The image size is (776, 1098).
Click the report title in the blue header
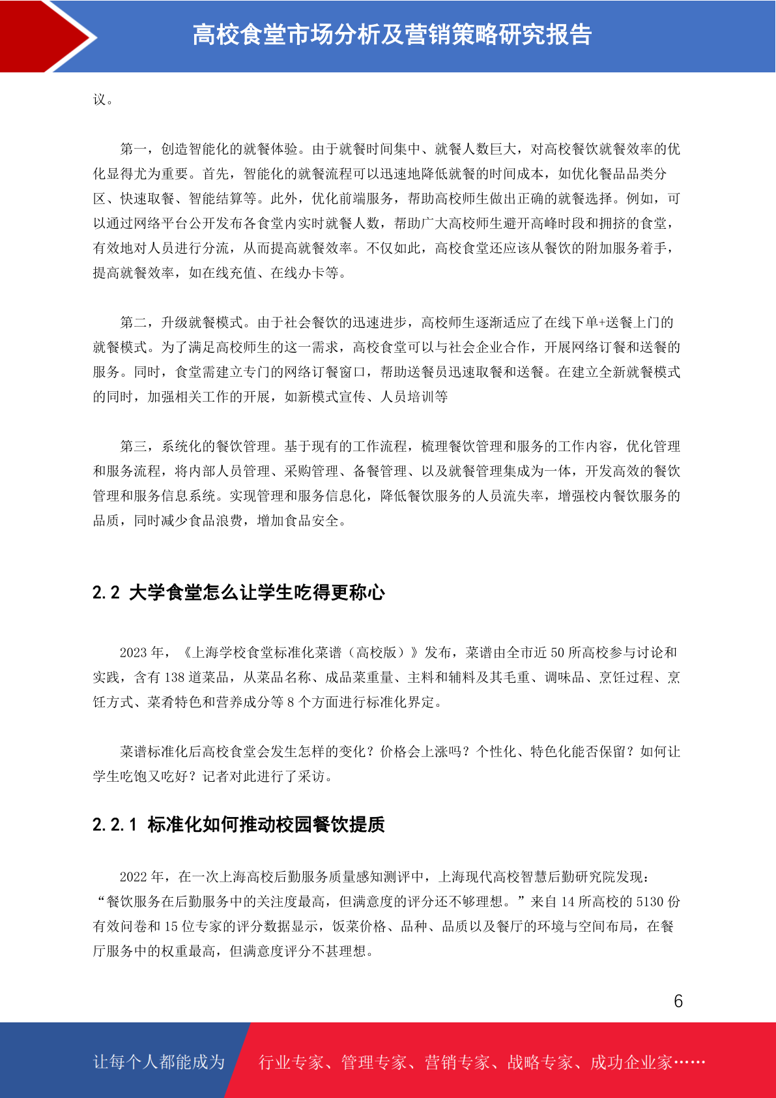tap(392, 35)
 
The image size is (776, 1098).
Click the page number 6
tap(678, 1002)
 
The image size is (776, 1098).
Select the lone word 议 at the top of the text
tap(100, 100)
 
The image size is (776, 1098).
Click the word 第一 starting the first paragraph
tap(134, 149)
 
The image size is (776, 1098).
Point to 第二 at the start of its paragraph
tap(134, 323)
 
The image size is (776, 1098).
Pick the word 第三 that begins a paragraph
tap(134, 447)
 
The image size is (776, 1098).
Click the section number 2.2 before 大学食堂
tap(106, 593)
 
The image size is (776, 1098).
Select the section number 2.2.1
tap(115, 825)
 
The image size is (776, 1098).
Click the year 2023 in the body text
tap(134, 653)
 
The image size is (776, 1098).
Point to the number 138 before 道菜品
tap(175, 677)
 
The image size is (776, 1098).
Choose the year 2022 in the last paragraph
tap(134, 877)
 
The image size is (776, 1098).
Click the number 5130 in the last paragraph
tap(650, 902)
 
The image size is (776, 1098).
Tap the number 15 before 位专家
tap(171, 927)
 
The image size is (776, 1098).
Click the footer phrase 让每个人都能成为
tap(159, 1062)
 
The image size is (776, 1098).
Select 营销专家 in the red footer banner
tap(457, 1063)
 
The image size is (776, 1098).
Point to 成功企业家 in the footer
tap(631, 1063)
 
